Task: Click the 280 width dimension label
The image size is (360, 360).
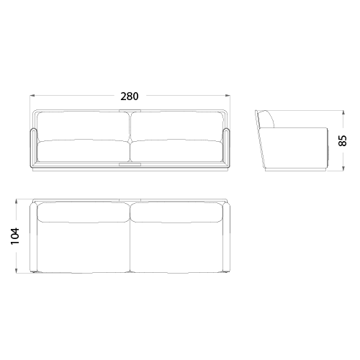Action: pyautogui.click(x=130, y=96)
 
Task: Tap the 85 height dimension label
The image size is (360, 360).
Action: pyautogui.click(x=343, y=140)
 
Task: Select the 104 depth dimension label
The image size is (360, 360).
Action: pyautogui.click(x=15, y=236)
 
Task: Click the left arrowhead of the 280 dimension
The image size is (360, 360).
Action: pyautogui.click(x=32, y=96)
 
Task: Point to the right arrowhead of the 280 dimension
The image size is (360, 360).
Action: pyautogui.click(x=228, y=96)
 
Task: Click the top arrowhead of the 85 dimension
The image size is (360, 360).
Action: pyautogui.click(x=343, y=112)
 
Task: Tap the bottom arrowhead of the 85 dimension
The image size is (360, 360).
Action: pyautogui.click(x=343, y=168)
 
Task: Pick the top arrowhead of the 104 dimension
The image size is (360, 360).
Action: pyautogui.click(x=16, y=202)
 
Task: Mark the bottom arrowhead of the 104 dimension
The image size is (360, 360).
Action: pyautogui.click(x=16, y=271)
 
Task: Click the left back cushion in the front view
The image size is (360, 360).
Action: pyautogui.click(x=84, y=126)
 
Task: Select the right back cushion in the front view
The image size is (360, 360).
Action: pyautogui.click(x=176, y=126)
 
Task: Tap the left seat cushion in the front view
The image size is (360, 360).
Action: pyautogui.click(x=84, y=151)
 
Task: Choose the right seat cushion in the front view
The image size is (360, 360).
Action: pyautogui.click(x=176, y=151)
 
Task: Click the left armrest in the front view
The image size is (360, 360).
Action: pyautogui.click(x=33, y=148)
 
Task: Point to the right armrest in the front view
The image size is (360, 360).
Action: pyautogui.click(x=226, y=148)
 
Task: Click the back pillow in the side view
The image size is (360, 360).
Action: pyautogui.click(x=267, y=119)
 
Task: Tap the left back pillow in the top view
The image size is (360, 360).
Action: pyautogui.click(x=84, y=212)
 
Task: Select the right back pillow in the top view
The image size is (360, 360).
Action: pyautogui.click(x=176, y=212)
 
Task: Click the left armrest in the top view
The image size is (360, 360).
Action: pyautogui.click(x=33, y=238)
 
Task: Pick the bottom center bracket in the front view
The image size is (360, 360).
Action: pyautogui.click(x=130, y=164)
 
